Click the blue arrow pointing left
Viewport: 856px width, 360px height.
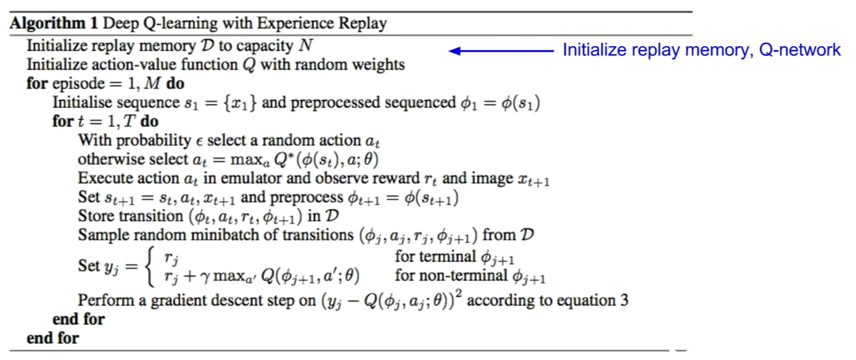coord(501,51)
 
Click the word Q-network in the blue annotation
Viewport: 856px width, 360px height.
coord(800,50)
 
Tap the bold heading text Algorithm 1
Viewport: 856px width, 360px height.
coord(54,23)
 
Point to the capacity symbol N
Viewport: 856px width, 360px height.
coord(306,46)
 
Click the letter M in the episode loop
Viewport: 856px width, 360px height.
coord(152,83)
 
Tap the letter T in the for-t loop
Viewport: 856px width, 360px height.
coord(130,121)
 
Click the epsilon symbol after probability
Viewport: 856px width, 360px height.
coord(199,142)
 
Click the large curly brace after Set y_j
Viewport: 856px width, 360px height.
coord(150,266)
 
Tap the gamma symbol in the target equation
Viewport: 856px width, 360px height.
coord(205,277)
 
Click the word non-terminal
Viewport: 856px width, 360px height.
coord(451,275)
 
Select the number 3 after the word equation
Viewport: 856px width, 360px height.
coord(624,300)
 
